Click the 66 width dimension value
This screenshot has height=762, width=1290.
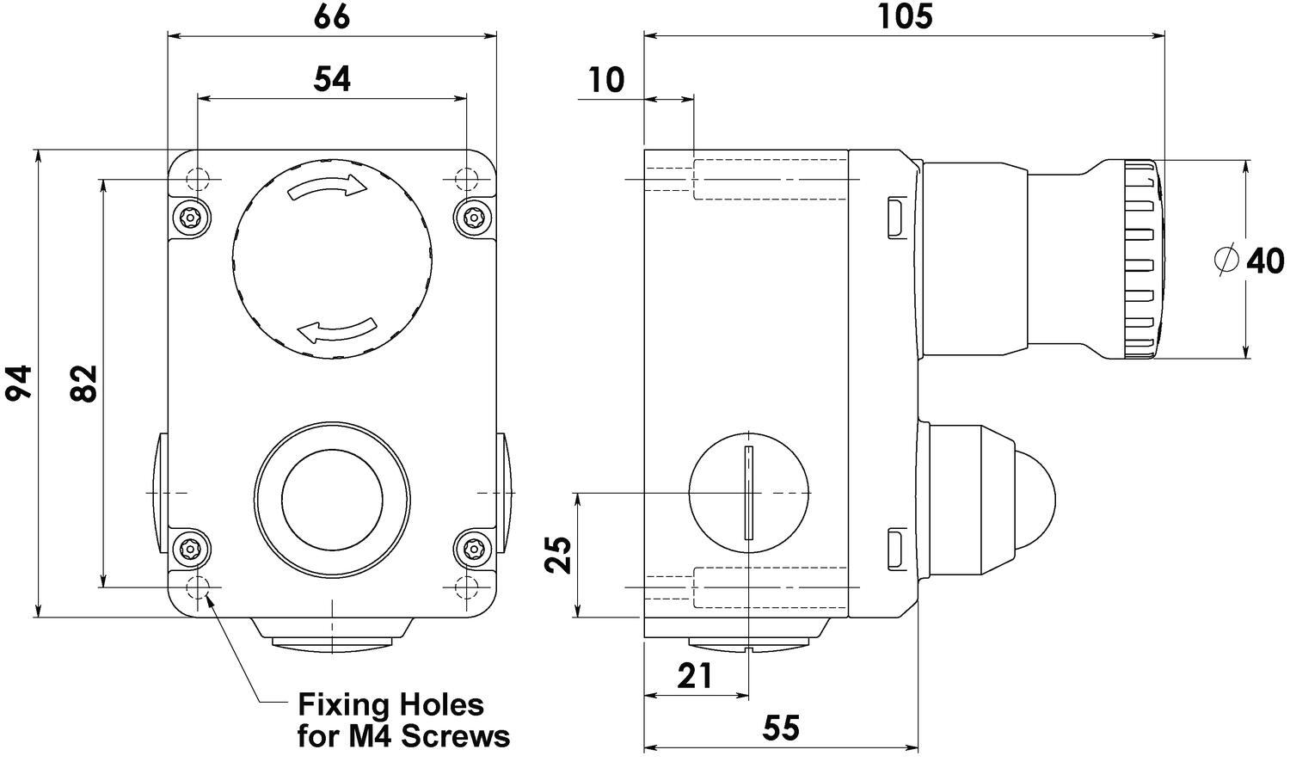[332, 16]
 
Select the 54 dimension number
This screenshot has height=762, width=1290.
[332, 79]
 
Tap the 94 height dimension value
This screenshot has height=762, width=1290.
[18, 382]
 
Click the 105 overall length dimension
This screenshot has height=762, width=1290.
[904, 16]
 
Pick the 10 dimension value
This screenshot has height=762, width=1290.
[606, 80]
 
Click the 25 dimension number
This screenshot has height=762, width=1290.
[558, 555]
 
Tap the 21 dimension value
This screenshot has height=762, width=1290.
[695, 676]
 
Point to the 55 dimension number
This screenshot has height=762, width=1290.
[781, 729]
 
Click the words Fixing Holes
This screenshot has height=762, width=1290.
[390, 705]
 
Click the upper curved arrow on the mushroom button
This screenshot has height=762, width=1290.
[329, 187]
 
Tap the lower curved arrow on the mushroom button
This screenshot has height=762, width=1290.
[336, 329]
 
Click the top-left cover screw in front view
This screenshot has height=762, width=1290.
[190, 217]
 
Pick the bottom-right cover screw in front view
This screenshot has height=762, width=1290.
[473, 550]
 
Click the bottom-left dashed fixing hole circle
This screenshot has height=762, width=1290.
[198, 588]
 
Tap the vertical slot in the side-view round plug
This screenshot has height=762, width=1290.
[749, 493]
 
